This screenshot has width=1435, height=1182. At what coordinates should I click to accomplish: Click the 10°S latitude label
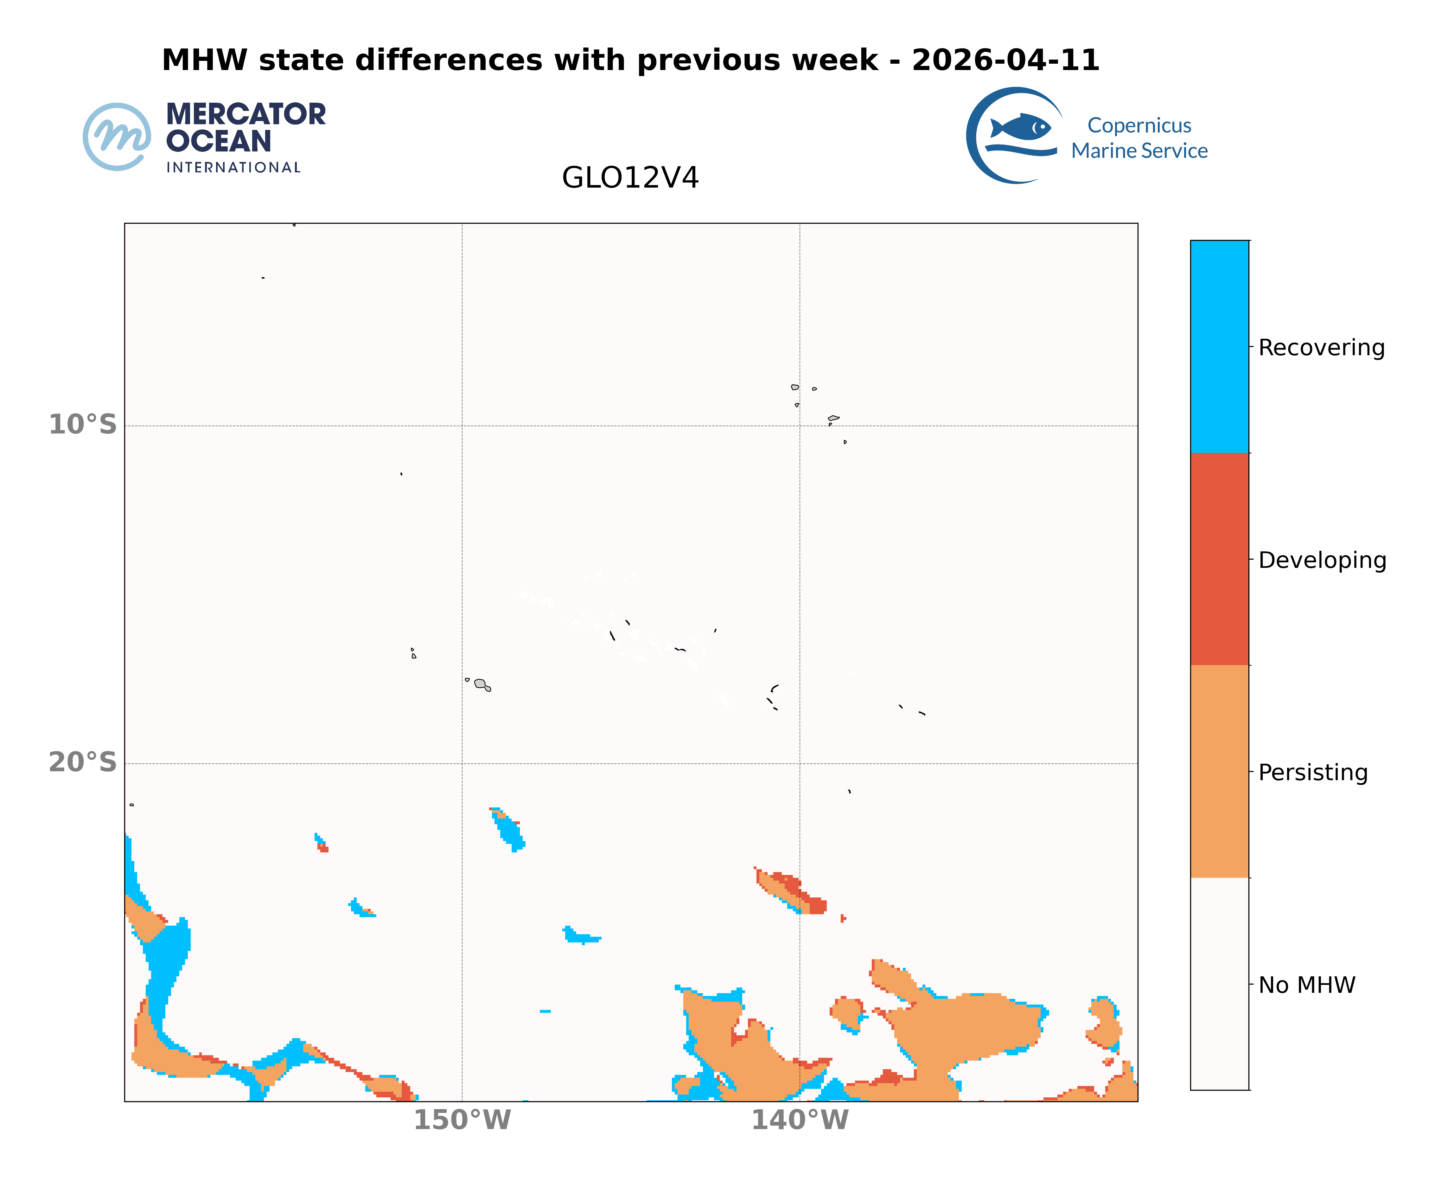(82, 425)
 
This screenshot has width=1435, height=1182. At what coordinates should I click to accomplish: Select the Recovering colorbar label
(1321, 348)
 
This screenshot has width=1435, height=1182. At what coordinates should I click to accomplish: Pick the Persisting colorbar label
(1312, 773)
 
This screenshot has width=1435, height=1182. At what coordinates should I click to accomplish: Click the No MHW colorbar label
(1306, 985)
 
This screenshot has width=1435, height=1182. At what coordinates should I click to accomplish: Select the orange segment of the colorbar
(1219, 771)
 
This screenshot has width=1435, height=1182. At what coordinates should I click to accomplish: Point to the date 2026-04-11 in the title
(1005, 61)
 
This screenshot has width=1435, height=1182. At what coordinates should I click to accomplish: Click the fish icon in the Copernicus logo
(1021, 127)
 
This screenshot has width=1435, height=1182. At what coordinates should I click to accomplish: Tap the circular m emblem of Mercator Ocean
(117, 137)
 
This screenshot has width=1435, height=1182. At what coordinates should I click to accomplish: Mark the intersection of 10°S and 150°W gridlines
(462, 426)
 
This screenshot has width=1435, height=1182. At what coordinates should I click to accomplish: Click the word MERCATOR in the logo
(246, 114)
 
